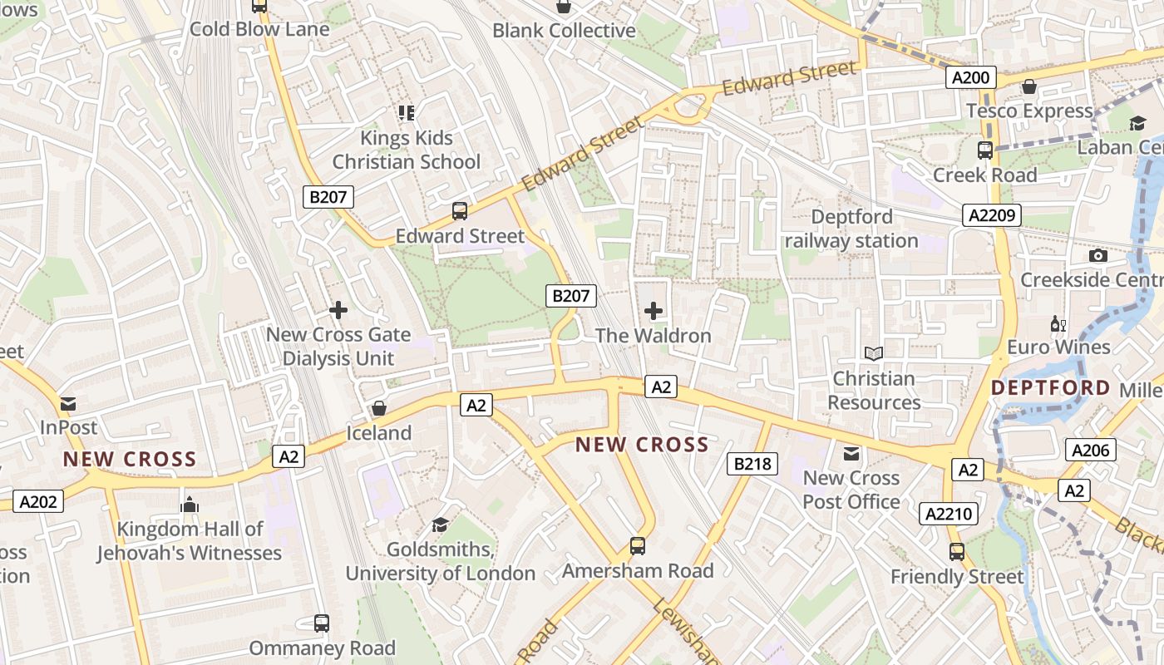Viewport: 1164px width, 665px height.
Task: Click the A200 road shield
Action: pyautogui.click(x=970, y=78)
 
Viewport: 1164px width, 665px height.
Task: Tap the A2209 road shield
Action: pyautogui.click(x=992, y=216)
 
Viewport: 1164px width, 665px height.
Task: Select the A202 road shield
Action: pyautogui.click(x=38, y=501)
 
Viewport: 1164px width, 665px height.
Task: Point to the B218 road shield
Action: pyautogui.click(x=752, y=464)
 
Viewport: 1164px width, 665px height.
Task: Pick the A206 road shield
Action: pyautogui.click(x=1090, y=451)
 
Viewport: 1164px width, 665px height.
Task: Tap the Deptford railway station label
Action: pyautogui.click(x=851, y=229)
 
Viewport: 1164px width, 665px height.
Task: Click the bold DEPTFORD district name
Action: pyautogui.click(x=1050, y=388)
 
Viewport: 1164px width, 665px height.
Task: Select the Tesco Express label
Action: pyautogui.click(x=1029, y=111)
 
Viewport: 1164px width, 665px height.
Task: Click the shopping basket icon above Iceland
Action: pyautogui.click(x=379, y=408)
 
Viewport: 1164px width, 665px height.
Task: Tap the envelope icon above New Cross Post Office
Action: pyautogui.click(x=851, y=454)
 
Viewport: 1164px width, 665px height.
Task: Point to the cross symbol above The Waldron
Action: pyautogui.click(x=654, y=311)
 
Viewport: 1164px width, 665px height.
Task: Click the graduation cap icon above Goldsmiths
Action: pyautogui.click(x=440, y=525)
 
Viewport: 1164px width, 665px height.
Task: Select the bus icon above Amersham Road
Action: pyautogui.click(x=638, y=546)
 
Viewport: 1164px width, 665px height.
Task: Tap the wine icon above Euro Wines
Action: pyautogui.click(x=1058, y=323)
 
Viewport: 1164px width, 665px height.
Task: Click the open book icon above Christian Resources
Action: pyautogui.click(x=873, y=354)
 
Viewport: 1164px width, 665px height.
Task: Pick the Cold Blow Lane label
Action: pyautogui.click(x=259, y=30)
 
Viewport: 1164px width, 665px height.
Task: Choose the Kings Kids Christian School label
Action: pyautogui.click(x=407, y=150)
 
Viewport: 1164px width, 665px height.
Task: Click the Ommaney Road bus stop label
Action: pyautogui.click(x=323, y=648)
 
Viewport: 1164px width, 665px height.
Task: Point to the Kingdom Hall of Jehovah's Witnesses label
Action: pyautogui.click(x=190, y=540)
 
